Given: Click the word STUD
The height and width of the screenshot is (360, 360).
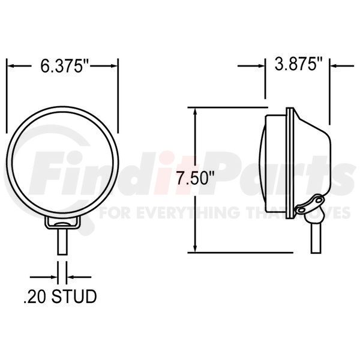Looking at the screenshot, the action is [74, 296].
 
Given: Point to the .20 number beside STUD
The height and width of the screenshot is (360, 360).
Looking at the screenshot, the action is [35, 296].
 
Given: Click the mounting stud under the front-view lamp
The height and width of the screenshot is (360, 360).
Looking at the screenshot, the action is [62, 242].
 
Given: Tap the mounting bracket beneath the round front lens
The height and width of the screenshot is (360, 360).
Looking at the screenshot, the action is [62, 223].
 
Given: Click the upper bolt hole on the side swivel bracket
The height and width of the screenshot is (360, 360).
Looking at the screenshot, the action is [319, 200].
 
